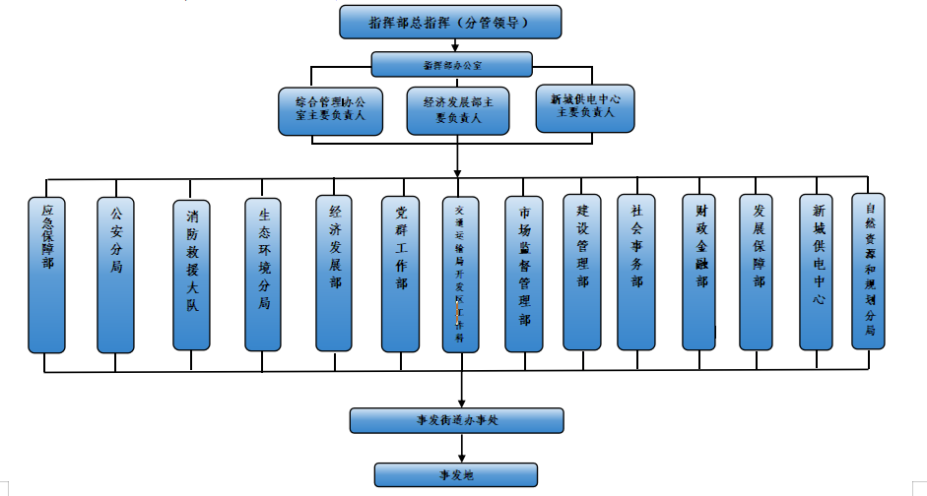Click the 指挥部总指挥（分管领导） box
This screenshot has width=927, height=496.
450,22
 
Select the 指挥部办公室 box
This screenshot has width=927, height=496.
452,65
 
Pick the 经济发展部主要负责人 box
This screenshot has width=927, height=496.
458,109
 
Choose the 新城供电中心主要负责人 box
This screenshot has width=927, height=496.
585,106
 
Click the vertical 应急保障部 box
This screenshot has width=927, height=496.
47,275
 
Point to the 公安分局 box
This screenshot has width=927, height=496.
115,275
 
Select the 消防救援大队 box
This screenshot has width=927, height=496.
192,275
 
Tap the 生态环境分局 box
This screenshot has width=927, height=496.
263,275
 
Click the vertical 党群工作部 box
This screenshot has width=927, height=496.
401,273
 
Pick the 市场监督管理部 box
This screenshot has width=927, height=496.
524,275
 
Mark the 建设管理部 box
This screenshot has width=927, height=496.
582,273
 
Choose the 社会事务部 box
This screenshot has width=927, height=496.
636,273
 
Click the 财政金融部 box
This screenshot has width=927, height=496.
701,273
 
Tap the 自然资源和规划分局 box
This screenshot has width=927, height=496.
870,271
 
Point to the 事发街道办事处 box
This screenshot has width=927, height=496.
457,420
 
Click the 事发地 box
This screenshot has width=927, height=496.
456,474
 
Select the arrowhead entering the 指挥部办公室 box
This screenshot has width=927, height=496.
454,47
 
